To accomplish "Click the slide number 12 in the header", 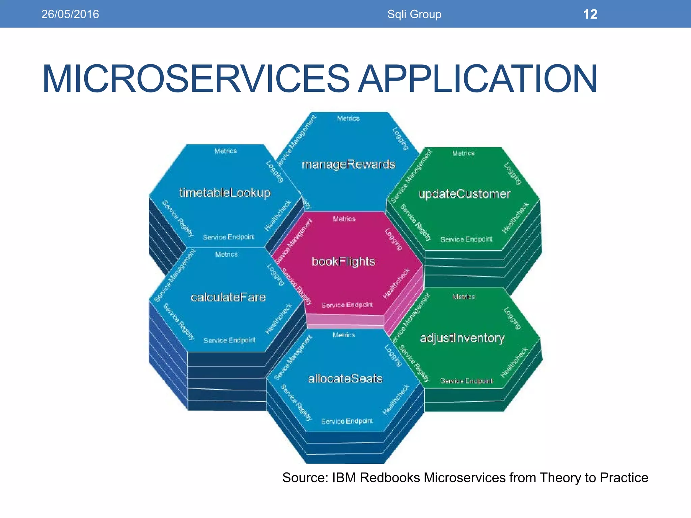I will click(590, 14).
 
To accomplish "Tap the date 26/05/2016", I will click(70, 14).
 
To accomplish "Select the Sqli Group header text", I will click(414, 14).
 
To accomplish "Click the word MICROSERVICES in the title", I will click(196, 79).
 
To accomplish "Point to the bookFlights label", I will click(343, 262).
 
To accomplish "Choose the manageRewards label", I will click(348, 165).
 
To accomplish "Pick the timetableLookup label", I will click(225, 193).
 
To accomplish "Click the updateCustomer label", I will click(464, 194).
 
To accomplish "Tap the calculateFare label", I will click(228, 297).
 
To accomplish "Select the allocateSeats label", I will click(345, 379).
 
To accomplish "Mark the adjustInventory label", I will click(462, 338).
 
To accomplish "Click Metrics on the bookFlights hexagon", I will click(344, 219).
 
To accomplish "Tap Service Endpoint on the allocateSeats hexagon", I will click(347, 421).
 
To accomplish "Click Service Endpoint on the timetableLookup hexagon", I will click(228, 237).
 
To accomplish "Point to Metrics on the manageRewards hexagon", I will click(348, 118).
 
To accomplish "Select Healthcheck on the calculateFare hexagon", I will click(278, 319).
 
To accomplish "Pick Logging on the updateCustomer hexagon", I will click(513, 174).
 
